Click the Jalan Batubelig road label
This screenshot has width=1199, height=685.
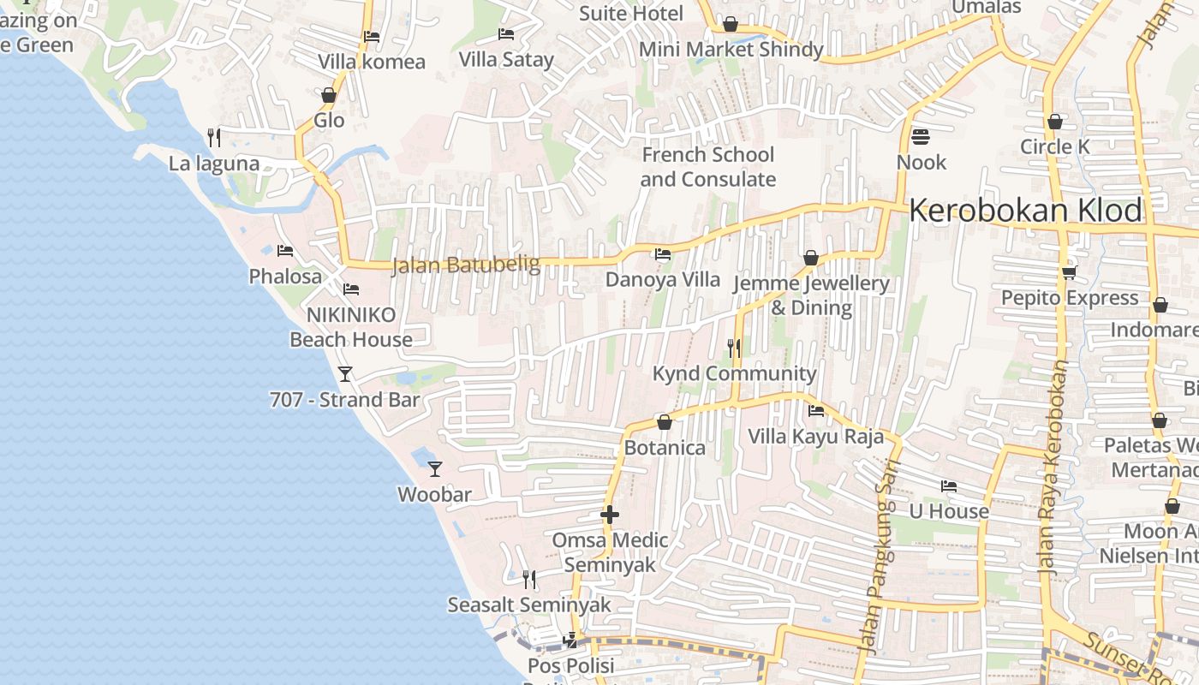point(466,265)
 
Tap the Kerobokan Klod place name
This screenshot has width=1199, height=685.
point(1026,210)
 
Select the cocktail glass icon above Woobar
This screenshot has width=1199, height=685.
point(435,468)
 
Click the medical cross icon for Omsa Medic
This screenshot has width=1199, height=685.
point(610,515)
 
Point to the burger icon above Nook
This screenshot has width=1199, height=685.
point(921,137)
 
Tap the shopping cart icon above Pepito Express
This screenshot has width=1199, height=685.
point(1069,272)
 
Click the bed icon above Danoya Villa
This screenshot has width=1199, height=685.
point(662,254)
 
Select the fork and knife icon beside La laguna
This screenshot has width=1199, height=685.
point(214,137)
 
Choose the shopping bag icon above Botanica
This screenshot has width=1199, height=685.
point(664,422)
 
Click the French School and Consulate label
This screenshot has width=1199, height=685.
point(708,167)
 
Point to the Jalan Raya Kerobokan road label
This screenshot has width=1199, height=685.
point(1053,467)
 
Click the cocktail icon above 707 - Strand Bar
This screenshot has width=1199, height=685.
point(345,374)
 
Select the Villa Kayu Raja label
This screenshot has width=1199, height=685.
point(815,436)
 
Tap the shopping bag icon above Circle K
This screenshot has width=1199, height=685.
point(1055,122)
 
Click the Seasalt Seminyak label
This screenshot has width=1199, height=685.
point(529,605)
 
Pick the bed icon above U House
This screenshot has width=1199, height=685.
point(948,486)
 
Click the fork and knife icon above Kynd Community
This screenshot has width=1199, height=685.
point(734,348)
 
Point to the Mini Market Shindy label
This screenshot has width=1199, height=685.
point(731,49)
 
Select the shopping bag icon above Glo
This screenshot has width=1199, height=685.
point(329,95)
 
